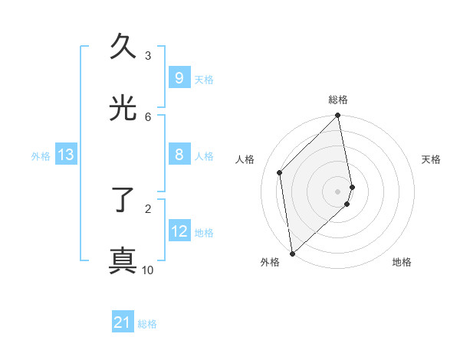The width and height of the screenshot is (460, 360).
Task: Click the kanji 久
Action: (123, 47)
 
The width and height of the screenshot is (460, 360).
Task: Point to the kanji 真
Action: (123, 260)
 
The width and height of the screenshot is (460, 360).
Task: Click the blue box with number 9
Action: (179, 77)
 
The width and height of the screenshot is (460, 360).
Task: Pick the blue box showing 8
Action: (179, 155)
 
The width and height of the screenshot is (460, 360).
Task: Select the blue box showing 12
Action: (179, 231)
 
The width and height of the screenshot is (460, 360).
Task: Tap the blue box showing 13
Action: (66, 155)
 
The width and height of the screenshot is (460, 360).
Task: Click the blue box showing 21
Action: (123, 322)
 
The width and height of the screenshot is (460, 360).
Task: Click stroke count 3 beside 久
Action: (148, 56)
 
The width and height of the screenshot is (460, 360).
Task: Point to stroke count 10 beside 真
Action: (148, 270)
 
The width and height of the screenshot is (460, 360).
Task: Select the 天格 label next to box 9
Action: (204, 79)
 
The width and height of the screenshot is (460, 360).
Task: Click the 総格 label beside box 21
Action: (147, 324)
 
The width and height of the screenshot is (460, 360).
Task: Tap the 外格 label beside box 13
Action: (41, 156)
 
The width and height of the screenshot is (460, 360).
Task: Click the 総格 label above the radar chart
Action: (338, 100)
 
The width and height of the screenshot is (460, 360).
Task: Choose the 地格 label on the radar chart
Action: (402, 262)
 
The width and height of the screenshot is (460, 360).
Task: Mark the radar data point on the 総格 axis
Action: (338, 116)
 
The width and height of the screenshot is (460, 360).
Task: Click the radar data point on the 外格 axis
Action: (291, 253)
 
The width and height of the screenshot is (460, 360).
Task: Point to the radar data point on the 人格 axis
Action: (280, 172)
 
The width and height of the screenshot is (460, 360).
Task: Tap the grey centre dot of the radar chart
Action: (338, 191)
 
